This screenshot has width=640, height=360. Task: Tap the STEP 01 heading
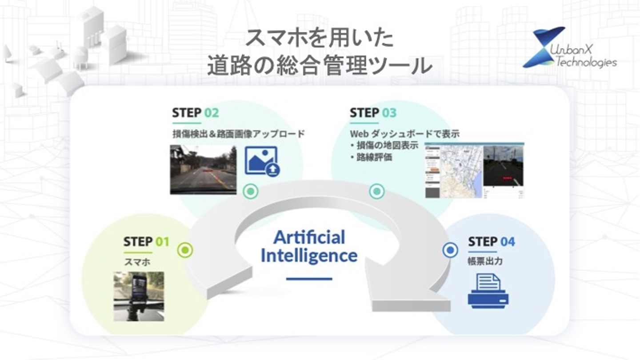pos(146,242)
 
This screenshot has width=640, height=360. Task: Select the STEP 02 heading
pos(196,113)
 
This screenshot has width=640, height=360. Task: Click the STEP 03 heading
pos(372,113)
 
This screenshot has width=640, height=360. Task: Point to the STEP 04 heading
pos(491,242)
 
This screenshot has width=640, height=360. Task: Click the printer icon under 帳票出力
pos(488,291)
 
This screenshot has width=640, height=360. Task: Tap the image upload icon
pos(262,161)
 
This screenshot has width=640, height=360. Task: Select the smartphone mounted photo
pos(139,296)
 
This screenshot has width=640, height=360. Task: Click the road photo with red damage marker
pos(203,169)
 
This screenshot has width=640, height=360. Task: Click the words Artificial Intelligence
pos(309,246)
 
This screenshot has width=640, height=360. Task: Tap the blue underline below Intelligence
pos(309,279)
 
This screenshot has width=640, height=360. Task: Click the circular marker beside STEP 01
pos(185,250)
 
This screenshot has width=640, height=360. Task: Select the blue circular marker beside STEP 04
pos(450,250)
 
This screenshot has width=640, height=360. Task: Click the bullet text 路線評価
pos(373,157)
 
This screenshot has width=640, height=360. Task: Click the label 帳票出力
pos(485,261)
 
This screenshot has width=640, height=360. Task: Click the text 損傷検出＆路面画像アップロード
pos(238,134)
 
